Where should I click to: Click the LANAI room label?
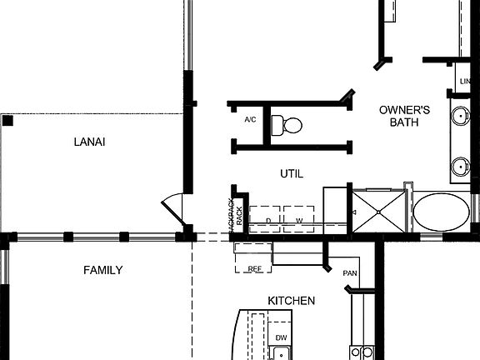coord(90,142)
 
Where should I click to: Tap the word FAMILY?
coord(102,270)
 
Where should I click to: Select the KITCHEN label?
coord(291,300)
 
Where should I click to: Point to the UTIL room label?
coord(291,173)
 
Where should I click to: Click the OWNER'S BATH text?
coord(404,116)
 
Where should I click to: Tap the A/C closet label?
coord(250,120)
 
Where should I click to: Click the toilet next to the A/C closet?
coord(290,125)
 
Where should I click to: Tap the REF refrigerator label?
coord(255,268)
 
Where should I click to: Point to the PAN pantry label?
coord(350,272)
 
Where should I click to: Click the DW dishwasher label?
coord(281,337)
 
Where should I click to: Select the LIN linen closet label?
coord(464,81)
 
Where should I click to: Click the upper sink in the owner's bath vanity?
coord(460,115)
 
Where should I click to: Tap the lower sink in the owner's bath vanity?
coord(460,166)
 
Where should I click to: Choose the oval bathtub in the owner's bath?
coord(441,212)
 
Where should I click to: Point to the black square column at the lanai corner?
coord(7,121)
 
